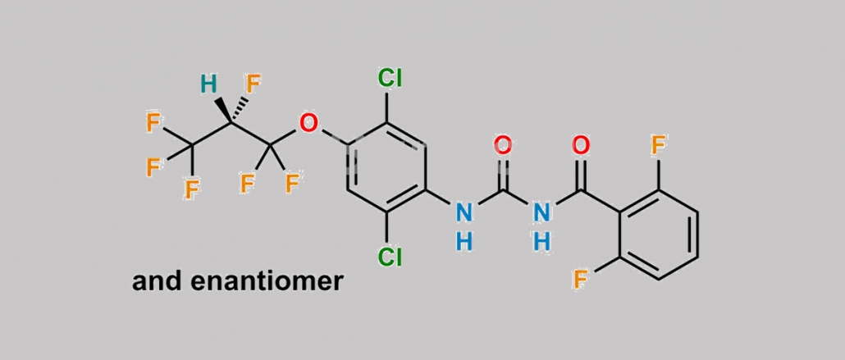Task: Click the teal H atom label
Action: (x=208, y=84)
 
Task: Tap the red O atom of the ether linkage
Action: (x=308, y=123)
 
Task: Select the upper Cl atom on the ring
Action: (x=390, y=79)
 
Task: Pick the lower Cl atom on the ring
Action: (x=390, y=257)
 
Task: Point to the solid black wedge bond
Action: (x=224, y=110)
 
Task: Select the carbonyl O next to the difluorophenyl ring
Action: (x=581, y=145)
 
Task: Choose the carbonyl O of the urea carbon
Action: (x=503, y=145)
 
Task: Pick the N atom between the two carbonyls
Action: (x=542, y=212)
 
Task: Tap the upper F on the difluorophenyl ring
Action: (x=659, y=145)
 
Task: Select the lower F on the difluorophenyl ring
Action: (x=580, y=280)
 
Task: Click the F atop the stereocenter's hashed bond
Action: (x=253, y=84)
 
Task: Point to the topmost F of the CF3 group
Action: (x=153, y=123)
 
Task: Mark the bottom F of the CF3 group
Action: (x=192, y=189)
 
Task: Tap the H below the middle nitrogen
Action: (x=542, y=241)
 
